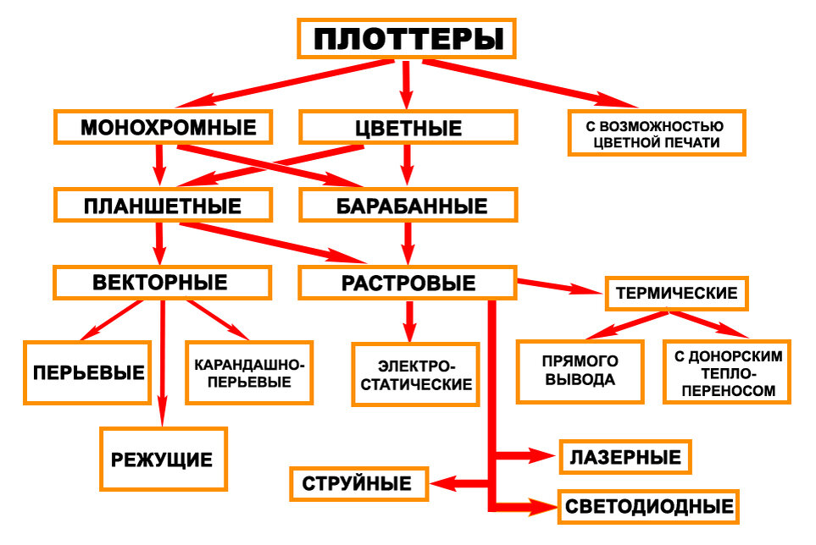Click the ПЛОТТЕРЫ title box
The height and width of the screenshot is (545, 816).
click(x=407, y=38)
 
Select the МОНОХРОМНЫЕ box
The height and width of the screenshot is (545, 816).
click(x=164, y=127)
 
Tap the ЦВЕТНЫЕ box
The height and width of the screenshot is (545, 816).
click(x=408, y=127)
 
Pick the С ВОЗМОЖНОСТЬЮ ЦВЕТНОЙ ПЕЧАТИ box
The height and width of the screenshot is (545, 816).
click(x=657, y=133)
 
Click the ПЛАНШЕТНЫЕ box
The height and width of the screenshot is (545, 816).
click(x=164, y=205)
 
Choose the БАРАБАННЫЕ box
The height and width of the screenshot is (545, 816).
click(x=408, y=205)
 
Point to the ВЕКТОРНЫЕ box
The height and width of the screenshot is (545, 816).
click(x=163, y=283)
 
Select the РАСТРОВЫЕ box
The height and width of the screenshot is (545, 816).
click(x=408, y=283)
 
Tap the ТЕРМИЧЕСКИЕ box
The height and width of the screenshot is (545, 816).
click(x=676, y=294)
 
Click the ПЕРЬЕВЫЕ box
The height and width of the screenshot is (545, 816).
click(x=87, y=372)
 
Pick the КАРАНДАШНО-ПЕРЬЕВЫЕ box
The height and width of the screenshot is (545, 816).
click(x=249, y=372)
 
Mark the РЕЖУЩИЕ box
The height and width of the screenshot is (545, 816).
click(x=164, y=460)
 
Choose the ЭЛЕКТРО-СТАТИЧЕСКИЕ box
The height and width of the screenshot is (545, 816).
click(x=415, y=374)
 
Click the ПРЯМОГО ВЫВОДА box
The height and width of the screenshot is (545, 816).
click(x=580, y=372)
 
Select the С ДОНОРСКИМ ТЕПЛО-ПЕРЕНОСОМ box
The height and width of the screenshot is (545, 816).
click(x=727, y=372)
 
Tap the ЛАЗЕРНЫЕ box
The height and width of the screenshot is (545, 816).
click(x=625, y=457)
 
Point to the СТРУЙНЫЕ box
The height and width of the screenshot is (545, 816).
click(x=359, y=484)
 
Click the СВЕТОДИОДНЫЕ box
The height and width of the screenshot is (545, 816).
click(x=648, y=507)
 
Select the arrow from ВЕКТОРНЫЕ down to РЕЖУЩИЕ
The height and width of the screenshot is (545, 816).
click(x=163, y=363)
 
